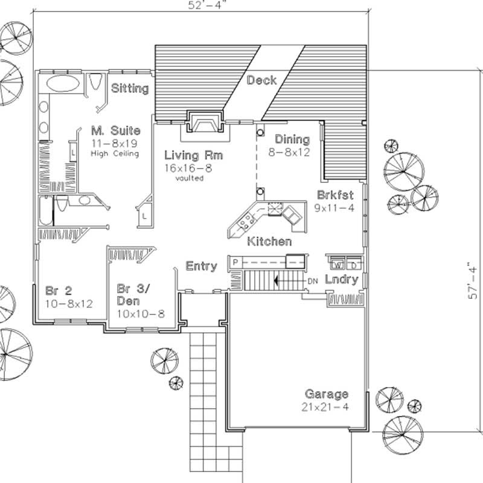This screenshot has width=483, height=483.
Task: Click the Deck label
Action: (262, 80)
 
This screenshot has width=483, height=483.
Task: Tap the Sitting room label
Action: (130, 89)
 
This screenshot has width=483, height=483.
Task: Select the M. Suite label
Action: (116, 130)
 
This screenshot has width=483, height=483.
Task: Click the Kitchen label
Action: (269, 241)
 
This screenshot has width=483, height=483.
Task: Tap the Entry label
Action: (201, 266)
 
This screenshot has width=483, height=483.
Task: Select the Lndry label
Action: (342, 280)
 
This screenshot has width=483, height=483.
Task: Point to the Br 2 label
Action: (58, 290)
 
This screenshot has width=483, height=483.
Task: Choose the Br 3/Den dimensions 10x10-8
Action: (141, 313)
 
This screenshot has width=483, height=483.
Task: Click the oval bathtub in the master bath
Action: (62, 83)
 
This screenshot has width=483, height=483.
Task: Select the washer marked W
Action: (337, 264)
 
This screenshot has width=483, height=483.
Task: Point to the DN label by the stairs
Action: (313, 281)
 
